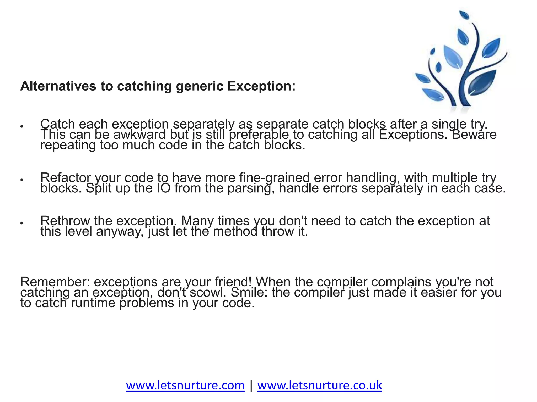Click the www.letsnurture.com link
[185, 385]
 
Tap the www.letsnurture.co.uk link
[319, 385]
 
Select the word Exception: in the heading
[261, 86]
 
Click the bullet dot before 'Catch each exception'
[22, 126]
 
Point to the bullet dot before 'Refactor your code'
[22, 180]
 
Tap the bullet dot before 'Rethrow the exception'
[22, 223]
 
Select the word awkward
[140, 135]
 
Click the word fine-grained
[275, 178]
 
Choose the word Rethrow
[65, 221]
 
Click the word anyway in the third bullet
[120, 232]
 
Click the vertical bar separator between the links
[251, 385]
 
